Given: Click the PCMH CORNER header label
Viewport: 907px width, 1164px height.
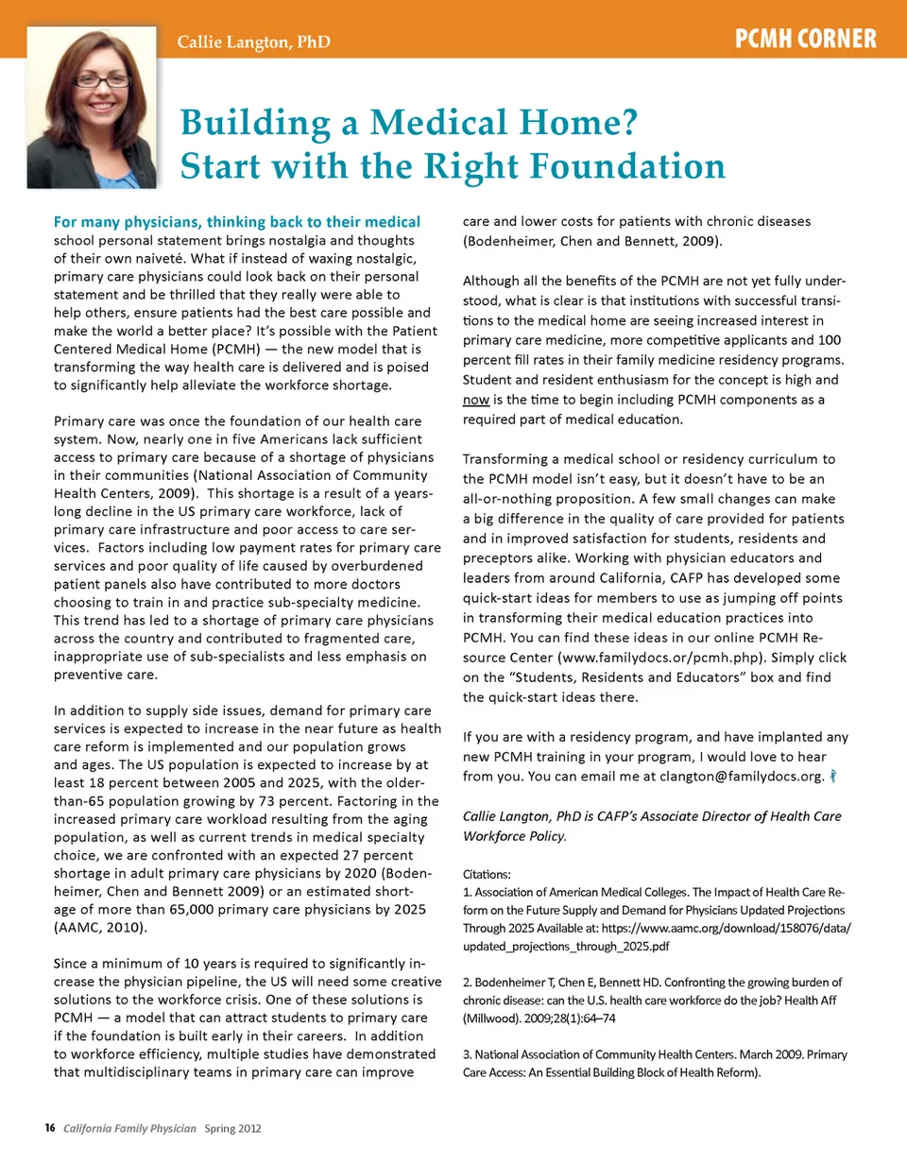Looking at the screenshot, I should click(x=806, y=40).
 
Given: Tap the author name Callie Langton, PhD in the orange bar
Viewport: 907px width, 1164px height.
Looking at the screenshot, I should click(x=254, y=43).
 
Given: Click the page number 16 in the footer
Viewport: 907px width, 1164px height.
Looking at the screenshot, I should click(x=50, y=1128).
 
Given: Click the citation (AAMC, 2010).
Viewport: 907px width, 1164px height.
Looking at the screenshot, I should click(x=99, y=927).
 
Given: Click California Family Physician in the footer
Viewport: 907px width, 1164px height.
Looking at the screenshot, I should click(x=130, y=1128).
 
